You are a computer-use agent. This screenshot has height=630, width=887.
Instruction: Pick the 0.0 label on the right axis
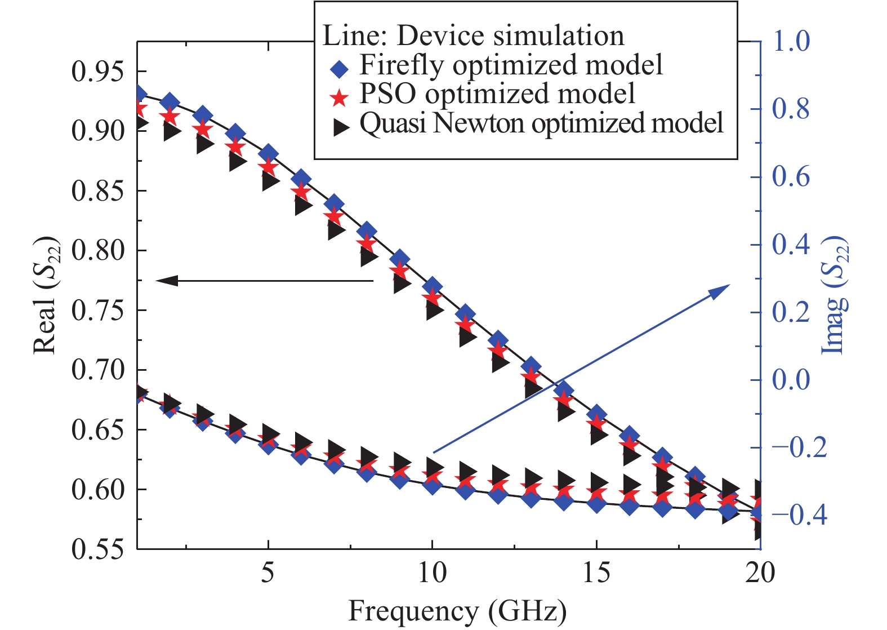pos(791,379)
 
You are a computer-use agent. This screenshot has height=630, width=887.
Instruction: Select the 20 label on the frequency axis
pos(760,573)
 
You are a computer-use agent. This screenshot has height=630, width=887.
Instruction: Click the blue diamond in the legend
pos(340,69)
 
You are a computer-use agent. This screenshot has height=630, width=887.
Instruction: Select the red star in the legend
pos(340,98)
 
